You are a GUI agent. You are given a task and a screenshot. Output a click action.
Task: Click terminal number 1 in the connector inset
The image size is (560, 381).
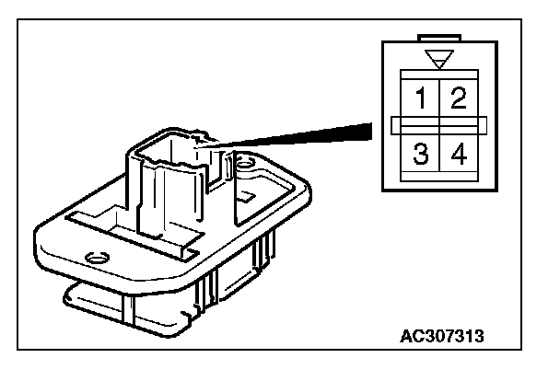click(420, 97)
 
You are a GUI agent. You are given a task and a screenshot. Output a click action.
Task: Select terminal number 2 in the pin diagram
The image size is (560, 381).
click(458, 97)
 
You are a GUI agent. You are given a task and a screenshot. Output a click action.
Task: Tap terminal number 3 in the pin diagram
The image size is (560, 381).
click(420, 154)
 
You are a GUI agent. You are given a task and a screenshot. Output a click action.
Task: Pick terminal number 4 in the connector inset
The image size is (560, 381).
click(458, 154)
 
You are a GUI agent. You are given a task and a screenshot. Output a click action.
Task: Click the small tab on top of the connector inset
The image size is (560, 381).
click(439, 39)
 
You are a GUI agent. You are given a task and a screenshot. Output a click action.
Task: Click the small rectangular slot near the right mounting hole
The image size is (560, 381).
click(247, 195)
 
